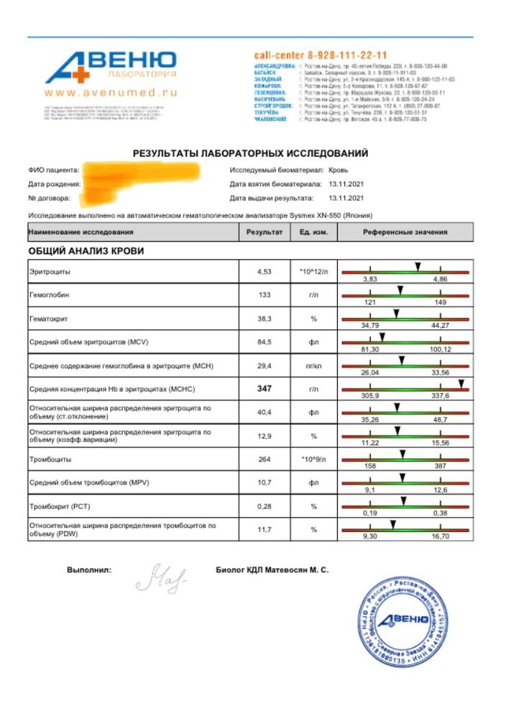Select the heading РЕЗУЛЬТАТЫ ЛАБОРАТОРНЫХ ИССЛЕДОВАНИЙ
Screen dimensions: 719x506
point(250,153)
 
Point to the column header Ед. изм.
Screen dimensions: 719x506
point(313,232)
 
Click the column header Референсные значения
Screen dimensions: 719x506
point(405,232)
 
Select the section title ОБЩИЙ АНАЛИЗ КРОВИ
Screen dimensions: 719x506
point(86,251)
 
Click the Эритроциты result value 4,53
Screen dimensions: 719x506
point(264,272)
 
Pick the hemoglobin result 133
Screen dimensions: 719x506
point(264,295)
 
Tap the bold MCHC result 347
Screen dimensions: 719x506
point(264,388)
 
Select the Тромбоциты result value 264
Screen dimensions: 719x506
point(264,459)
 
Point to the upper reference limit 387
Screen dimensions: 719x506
point(441,465)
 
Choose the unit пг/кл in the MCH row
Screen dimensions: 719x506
point(313,365)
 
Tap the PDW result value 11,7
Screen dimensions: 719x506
point(264,529)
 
